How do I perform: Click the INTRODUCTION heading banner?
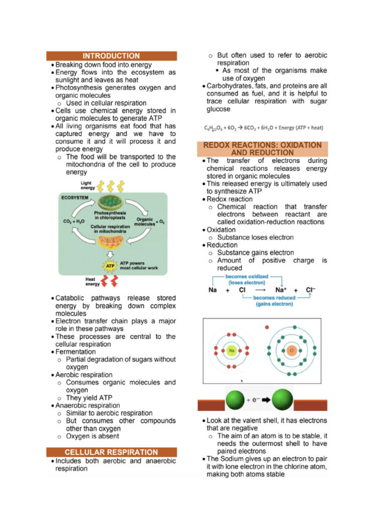click(111, 56)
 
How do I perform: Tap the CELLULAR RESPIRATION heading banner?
click(111, 452)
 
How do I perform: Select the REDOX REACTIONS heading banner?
click(262, 148)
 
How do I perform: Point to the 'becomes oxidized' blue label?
click(247, 279)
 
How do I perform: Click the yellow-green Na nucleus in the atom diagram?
click(232, 350)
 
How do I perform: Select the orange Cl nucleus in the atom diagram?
click(292, 350)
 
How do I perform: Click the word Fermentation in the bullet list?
click(75, 352)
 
